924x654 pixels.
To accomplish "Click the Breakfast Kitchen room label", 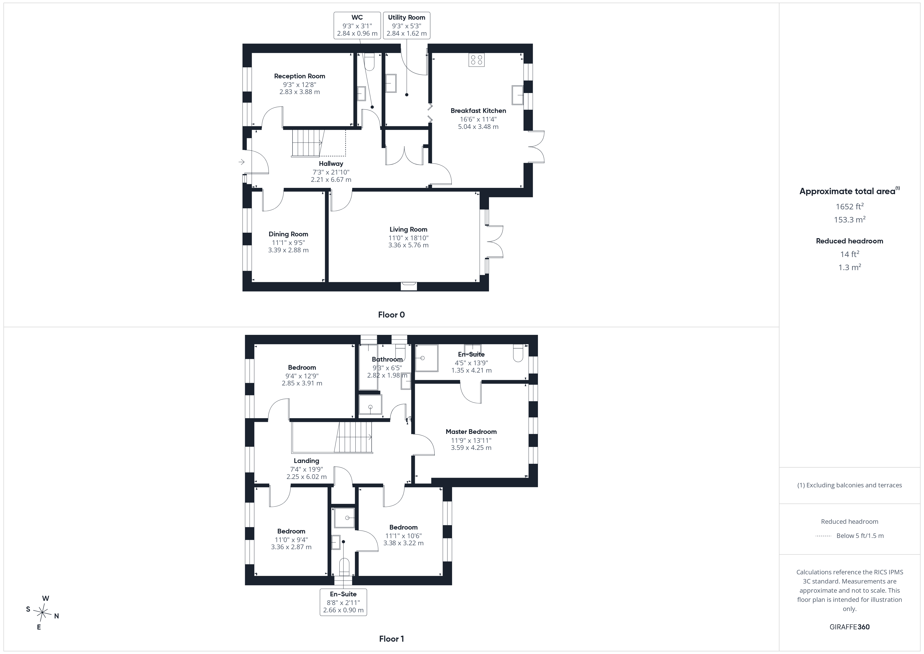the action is click(478, 111).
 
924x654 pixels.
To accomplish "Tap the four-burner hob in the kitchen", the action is click(476, 60).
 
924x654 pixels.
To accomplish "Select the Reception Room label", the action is click(299, 76).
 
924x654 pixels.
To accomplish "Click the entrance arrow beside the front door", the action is click(241, 162).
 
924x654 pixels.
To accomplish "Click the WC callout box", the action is click(357, 25).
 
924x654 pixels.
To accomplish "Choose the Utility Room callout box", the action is click(406, 25).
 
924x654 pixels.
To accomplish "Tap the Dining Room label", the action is click(288, 234).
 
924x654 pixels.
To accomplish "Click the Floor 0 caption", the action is click(391, 315).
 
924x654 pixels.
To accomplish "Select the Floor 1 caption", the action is click(391, 639).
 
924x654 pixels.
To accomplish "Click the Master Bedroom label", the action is click(471, 432).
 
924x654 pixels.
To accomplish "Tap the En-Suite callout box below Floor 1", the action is click(343, 602).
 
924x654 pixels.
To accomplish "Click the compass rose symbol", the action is click(42, 613).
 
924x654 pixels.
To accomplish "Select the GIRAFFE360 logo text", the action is click(850, 627).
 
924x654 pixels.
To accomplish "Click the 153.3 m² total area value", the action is click(850, 220).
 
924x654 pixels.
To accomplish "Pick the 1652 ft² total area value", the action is click(850, 206).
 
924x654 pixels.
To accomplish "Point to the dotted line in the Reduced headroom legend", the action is click(823, 536).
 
